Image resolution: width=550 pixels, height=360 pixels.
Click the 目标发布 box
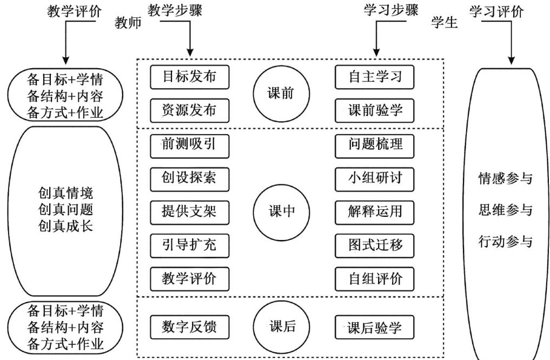[x=189, y=77]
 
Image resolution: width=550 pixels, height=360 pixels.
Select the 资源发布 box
[x=189, y=110]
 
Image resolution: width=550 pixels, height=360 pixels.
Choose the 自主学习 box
[x=375, y=77]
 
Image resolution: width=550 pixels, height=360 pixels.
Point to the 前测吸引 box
[x=189, y=144]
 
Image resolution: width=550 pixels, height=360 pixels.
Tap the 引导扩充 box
[x=189, y=244]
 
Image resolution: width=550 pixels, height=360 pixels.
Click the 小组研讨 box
[x=375, y=177]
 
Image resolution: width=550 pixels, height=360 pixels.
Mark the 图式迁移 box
[x=375, y=244]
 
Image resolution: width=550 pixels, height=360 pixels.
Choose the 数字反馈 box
[x=189, y=327]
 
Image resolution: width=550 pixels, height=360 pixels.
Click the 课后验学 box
[x=375, y=327]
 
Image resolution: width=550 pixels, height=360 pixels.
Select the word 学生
[x=445, y=23]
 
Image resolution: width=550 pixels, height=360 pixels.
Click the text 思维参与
[x=506, y=210]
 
